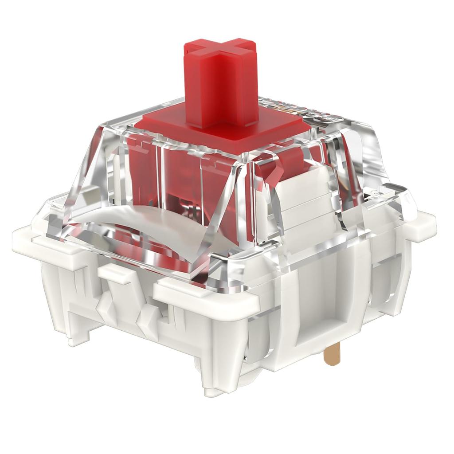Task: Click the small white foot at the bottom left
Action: coord(75,337)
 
